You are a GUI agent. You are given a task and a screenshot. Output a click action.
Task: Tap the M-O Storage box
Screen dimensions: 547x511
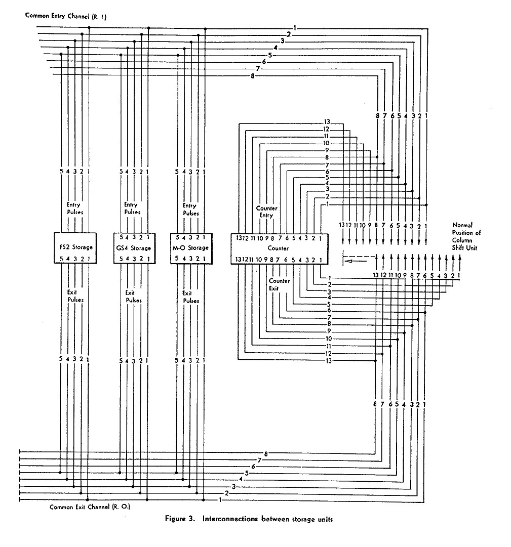[190, 248]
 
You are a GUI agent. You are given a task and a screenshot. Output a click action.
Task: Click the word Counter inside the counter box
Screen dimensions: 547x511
[279, 248]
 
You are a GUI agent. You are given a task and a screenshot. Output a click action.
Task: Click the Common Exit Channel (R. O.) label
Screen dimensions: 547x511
[90, 507]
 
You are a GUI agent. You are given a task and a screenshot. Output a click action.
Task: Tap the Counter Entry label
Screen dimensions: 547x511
[267, 212]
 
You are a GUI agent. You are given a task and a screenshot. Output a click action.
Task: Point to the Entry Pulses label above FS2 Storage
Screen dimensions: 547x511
[74, 208]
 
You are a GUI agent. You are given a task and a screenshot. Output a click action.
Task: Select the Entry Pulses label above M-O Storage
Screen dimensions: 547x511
[190, 208]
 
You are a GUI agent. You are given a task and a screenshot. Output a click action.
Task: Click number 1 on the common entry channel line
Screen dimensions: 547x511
[295, 28]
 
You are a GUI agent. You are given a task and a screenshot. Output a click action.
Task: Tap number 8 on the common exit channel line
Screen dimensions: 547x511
[266, 453]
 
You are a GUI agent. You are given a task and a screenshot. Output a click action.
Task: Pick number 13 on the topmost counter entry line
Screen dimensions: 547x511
[327, 121]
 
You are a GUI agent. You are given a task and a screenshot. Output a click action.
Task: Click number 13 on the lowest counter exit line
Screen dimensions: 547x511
[328, 360]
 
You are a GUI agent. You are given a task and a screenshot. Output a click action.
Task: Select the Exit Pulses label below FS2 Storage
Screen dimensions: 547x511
[75, 296]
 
